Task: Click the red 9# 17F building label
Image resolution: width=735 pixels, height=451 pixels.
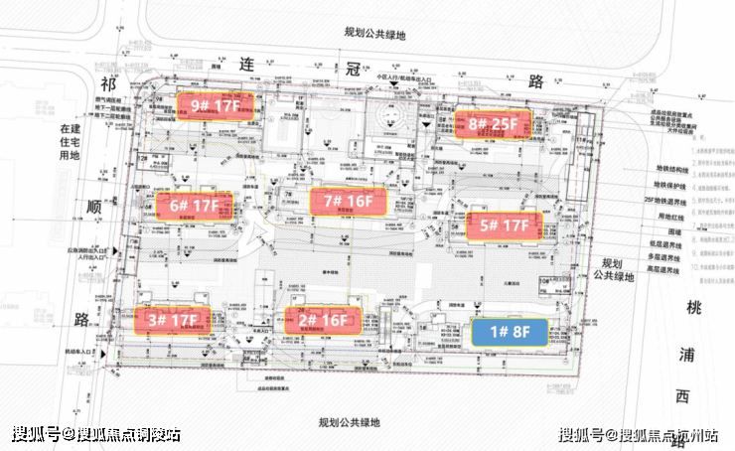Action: tap(216, 104)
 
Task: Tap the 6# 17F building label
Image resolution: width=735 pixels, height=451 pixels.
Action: tap(193, 207)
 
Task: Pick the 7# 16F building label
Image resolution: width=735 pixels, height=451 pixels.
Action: tap(347, 201)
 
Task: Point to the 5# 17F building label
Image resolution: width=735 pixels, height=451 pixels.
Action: tap(505, 225)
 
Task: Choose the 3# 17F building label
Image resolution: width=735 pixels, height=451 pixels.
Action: tap(172, 320)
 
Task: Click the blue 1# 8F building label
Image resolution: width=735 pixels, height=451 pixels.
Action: tap(508, 332)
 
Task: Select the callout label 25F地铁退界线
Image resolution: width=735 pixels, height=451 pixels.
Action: tap(667, 199)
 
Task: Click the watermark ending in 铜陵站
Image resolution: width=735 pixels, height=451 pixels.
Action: tap(96, 434)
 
